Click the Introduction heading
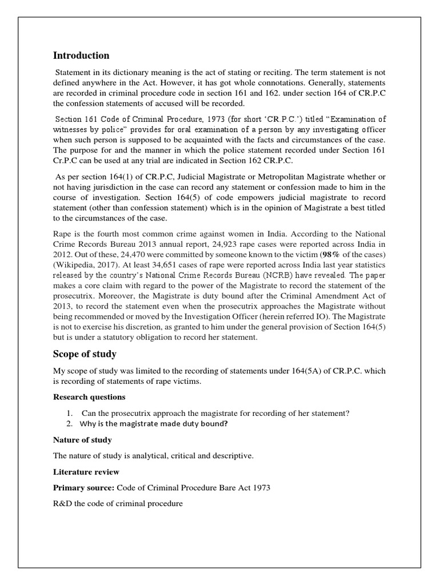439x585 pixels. coord(81,55)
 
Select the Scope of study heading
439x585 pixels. coord(85,354)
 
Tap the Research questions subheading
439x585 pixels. coord(90,397)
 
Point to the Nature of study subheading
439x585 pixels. coord(82,440)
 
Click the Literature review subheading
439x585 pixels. coord(86,472)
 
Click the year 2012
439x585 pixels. coord(62,253)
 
